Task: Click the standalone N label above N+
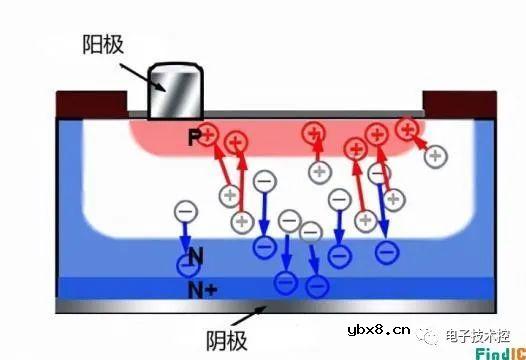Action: (196, 256)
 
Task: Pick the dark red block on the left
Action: (90, 102)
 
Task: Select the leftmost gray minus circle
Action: (185, 212)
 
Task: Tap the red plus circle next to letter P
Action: (209, 135)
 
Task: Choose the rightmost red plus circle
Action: (406, 128)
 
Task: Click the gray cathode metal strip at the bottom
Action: (270, 305)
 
